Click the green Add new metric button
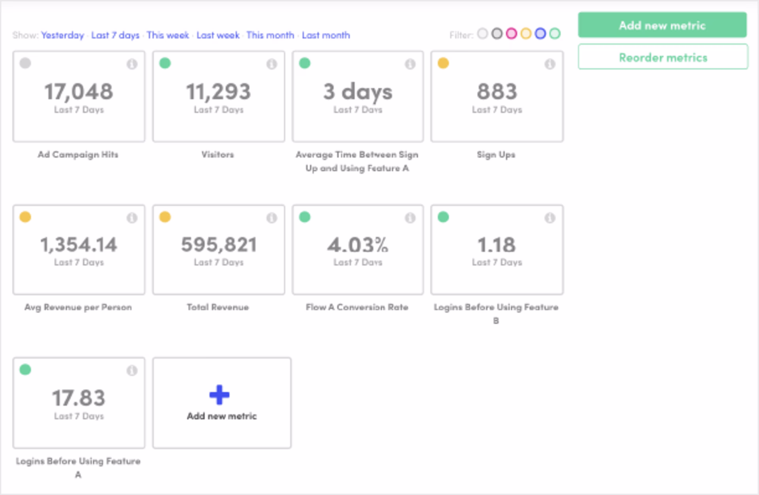click(x=662, y=25)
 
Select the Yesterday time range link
click(x=62, y=35)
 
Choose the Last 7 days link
click(x=115, y=35)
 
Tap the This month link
click(x=270, y=35)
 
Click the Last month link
click(x=326, y=35)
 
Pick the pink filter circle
click(x=511, y=34)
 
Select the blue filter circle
click(x=540, y=34)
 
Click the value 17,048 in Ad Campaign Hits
click(x=79, y=91)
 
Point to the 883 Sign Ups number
click(x=497, y=91)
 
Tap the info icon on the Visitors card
click(x=272, y=64)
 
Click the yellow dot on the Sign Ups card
click(x=443, y=63)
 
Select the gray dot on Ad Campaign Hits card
click(x=25, y=63)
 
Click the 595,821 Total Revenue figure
click(x=219, y=244)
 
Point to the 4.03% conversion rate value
click(x=358, y=244)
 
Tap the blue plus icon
click(x=219, y=395)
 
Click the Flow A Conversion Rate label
click(x=357, y=307)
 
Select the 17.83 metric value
click(x=79, y=398)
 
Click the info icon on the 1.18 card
click(x=549, y=217)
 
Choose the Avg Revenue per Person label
click(x=78, y=307)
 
